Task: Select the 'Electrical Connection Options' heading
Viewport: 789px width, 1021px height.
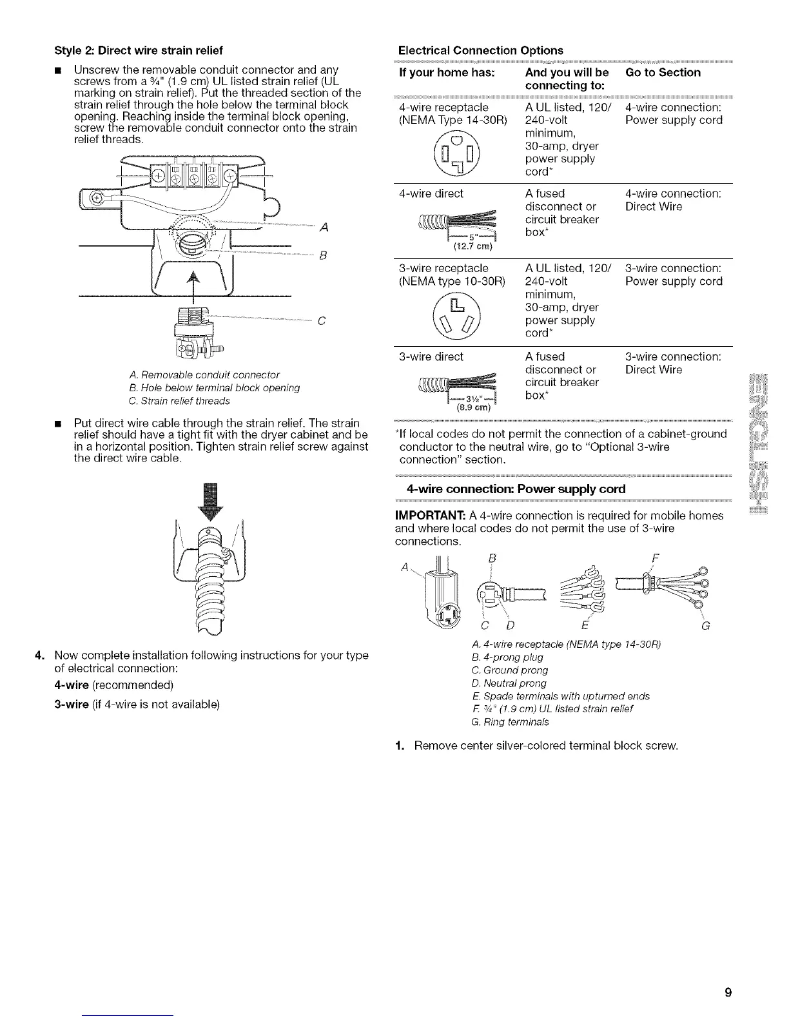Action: click(480, 50)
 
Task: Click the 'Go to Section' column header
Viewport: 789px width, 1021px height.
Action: click(663, 73)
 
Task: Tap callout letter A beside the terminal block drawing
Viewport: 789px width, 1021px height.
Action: click(324, 227)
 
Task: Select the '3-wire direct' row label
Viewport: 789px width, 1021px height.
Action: click(431, 356)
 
